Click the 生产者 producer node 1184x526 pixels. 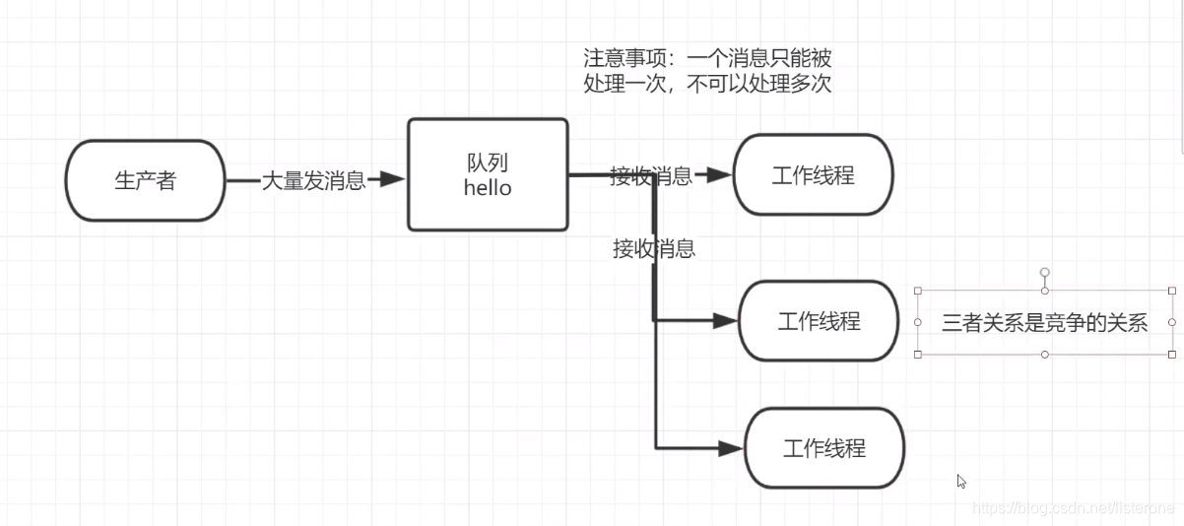click(145, 181)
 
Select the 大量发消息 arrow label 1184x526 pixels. click(312, 180)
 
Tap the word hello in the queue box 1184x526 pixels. click(488, 188)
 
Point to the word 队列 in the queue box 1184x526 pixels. click(488, 163)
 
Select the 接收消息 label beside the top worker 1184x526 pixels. click(650, 176)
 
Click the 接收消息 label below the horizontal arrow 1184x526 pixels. click(654, 249)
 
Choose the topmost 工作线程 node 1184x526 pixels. click(813, 175)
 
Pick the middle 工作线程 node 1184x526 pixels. click(819, 321)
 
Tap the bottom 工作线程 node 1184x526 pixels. click(823, 448)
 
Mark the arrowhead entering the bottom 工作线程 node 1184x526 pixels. click(730, 448)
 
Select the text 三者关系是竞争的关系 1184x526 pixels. click(1044, 323)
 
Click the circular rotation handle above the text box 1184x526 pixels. click(1045, 272)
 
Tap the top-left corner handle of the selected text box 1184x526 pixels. click(918, 291)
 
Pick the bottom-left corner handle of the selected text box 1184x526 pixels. click(918, 355)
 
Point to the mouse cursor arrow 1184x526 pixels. click(961, 481)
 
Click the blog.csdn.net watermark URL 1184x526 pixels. click(1073, 507)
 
